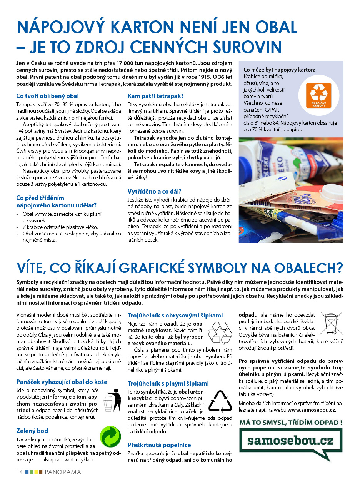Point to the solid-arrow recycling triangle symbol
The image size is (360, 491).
coord(220,402)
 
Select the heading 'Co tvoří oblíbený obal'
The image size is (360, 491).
coord(47,96)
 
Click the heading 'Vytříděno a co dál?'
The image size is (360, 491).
coord(154,191)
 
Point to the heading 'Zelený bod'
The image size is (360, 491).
coord(32,431)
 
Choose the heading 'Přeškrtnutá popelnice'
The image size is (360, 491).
coord(159,445)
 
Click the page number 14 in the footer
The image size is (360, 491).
coord(20,472)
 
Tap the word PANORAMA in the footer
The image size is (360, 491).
coord(63,472)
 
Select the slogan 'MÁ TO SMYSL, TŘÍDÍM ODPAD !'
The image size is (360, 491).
coord(290,423)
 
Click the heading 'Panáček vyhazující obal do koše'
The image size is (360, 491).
coord(62,382)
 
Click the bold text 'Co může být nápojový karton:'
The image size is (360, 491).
coord(279,70)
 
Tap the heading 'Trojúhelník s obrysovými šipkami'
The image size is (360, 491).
coord(175,315)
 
